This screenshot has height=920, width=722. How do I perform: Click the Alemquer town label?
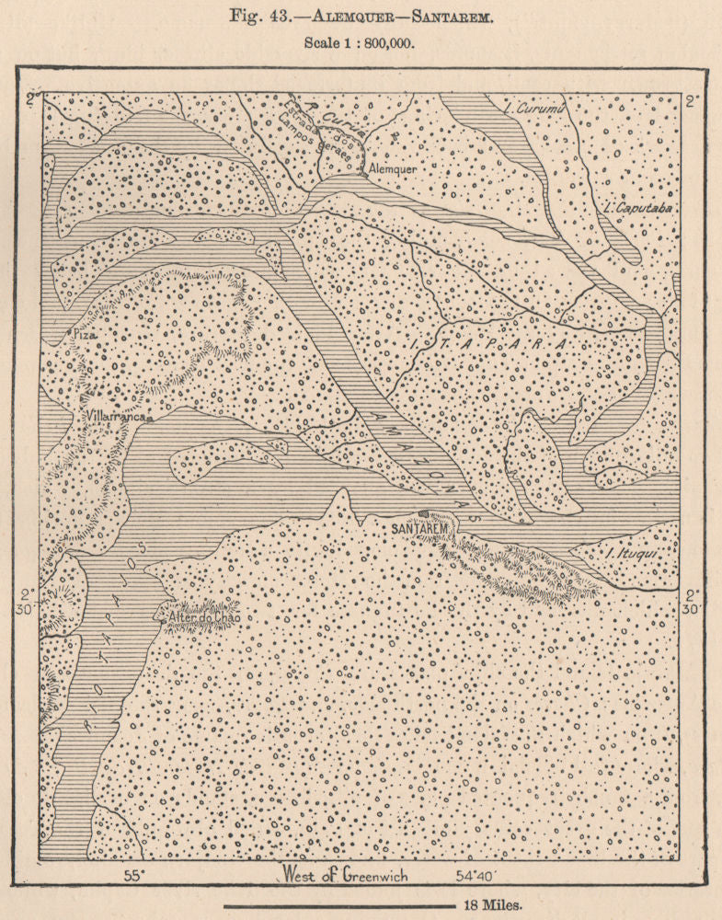coord(392,170)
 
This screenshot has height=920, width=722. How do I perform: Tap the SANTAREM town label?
coord(418,531)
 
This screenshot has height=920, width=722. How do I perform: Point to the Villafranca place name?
coord(114,417)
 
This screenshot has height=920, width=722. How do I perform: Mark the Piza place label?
coord(85,337)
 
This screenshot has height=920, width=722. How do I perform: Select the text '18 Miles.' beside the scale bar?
coord(492,904)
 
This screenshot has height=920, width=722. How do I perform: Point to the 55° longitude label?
coord(135,876)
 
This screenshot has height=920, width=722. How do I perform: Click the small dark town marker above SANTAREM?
coord(423,515)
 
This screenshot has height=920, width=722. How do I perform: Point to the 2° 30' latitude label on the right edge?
coord(693,603)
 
